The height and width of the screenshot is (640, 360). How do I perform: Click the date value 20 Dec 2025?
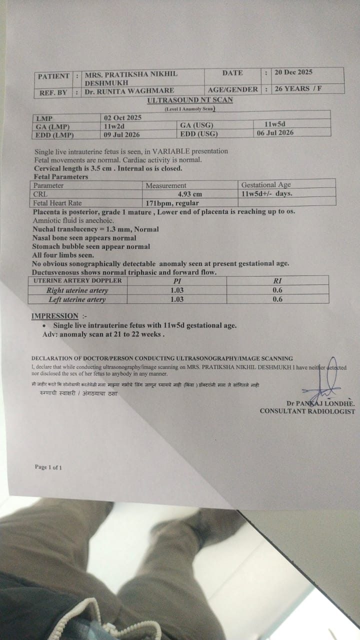pyautogui.click(x=293, y=72)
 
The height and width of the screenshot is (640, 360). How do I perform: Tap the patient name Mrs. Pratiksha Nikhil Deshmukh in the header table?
pyautogui.click(x=131, y=77)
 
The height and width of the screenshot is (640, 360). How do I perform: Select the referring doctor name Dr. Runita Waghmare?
pyautogui.click(x=129, y=91)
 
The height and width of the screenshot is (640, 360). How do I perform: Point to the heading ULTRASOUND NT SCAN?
pyautogui.click(x=189, y=100)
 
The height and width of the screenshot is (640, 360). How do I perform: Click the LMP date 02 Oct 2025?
pyautogui.click(x=122, y=118)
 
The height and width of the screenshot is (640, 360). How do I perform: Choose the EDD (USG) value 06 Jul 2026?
pyautogui.click(x=275, y=133)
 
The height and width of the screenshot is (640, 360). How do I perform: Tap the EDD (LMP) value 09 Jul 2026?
pyautogui.click(x=122, y=134)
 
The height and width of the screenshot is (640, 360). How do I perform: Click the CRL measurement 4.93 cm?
pyautogui.click(x=189, y=194)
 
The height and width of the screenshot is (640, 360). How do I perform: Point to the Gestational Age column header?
pyautogui.click(x=266, y=185)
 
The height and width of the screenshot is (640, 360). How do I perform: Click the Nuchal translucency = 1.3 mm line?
pyautogui.click(x=95, y=229)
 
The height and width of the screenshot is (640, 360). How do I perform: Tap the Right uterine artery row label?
pyautogui.click(x=77, y=290)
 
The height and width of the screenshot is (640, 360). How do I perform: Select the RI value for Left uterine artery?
pyautogui.click(x=277, y=299)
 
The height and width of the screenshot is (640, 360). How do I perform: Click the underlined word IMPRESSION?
pyautogui.click(x=55, y=316)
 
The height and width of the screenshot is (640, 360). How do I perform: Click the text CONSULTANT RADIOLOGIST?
pyautogui.click(x=307, y=411)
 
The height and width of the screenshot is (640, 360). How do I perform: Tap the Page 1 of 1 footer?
pyautogui.click(x=48, y=467)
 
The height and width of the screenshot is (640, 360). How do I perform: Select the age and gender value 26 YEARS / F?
pyautogui.click(x=297, y=89)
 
